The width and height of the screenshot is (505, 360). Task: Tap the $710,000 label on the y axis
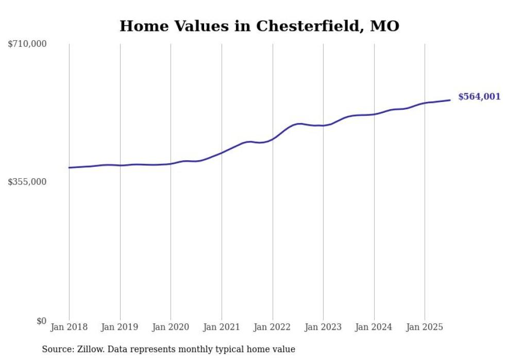pos(27,44)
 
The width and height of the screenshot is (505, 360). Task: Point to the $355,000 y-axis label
pos(27,182)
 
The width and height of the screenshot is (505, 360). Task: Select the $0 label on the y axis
pos(41,321)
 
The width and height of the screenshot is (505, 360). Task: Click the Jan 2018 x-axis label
pos(69,327)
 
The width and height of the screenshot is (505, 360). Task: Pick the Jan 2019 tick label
pos(120,327)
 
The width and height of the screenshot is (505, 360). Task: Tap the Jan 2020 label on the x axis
pos(171,327)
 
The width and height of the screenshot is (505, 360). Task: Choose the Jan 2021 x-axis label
pos(222,327)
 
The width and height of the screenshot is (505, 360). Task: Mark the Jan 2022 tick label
pos(273,327)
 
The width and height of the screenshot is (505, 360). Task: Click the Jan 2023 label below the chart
pos(323,327)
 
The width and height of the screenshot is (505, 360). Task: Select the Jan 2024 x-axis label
pos(374,327)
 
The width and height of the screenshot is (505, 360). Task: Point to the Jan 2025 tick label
pos(425,327)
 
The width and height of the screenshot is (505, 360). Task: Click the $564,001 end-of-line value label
pos(479,97)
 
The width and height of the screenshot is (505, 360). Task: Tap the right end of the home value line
pos(450,100)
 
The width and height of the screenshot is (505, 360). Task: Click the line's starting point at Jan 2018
pos(69,167)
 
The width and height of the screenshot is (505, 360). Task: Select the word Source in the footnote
pos(57,349)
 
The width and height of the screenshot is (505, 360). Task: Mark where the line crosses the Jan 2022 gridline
pos(273,139)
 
